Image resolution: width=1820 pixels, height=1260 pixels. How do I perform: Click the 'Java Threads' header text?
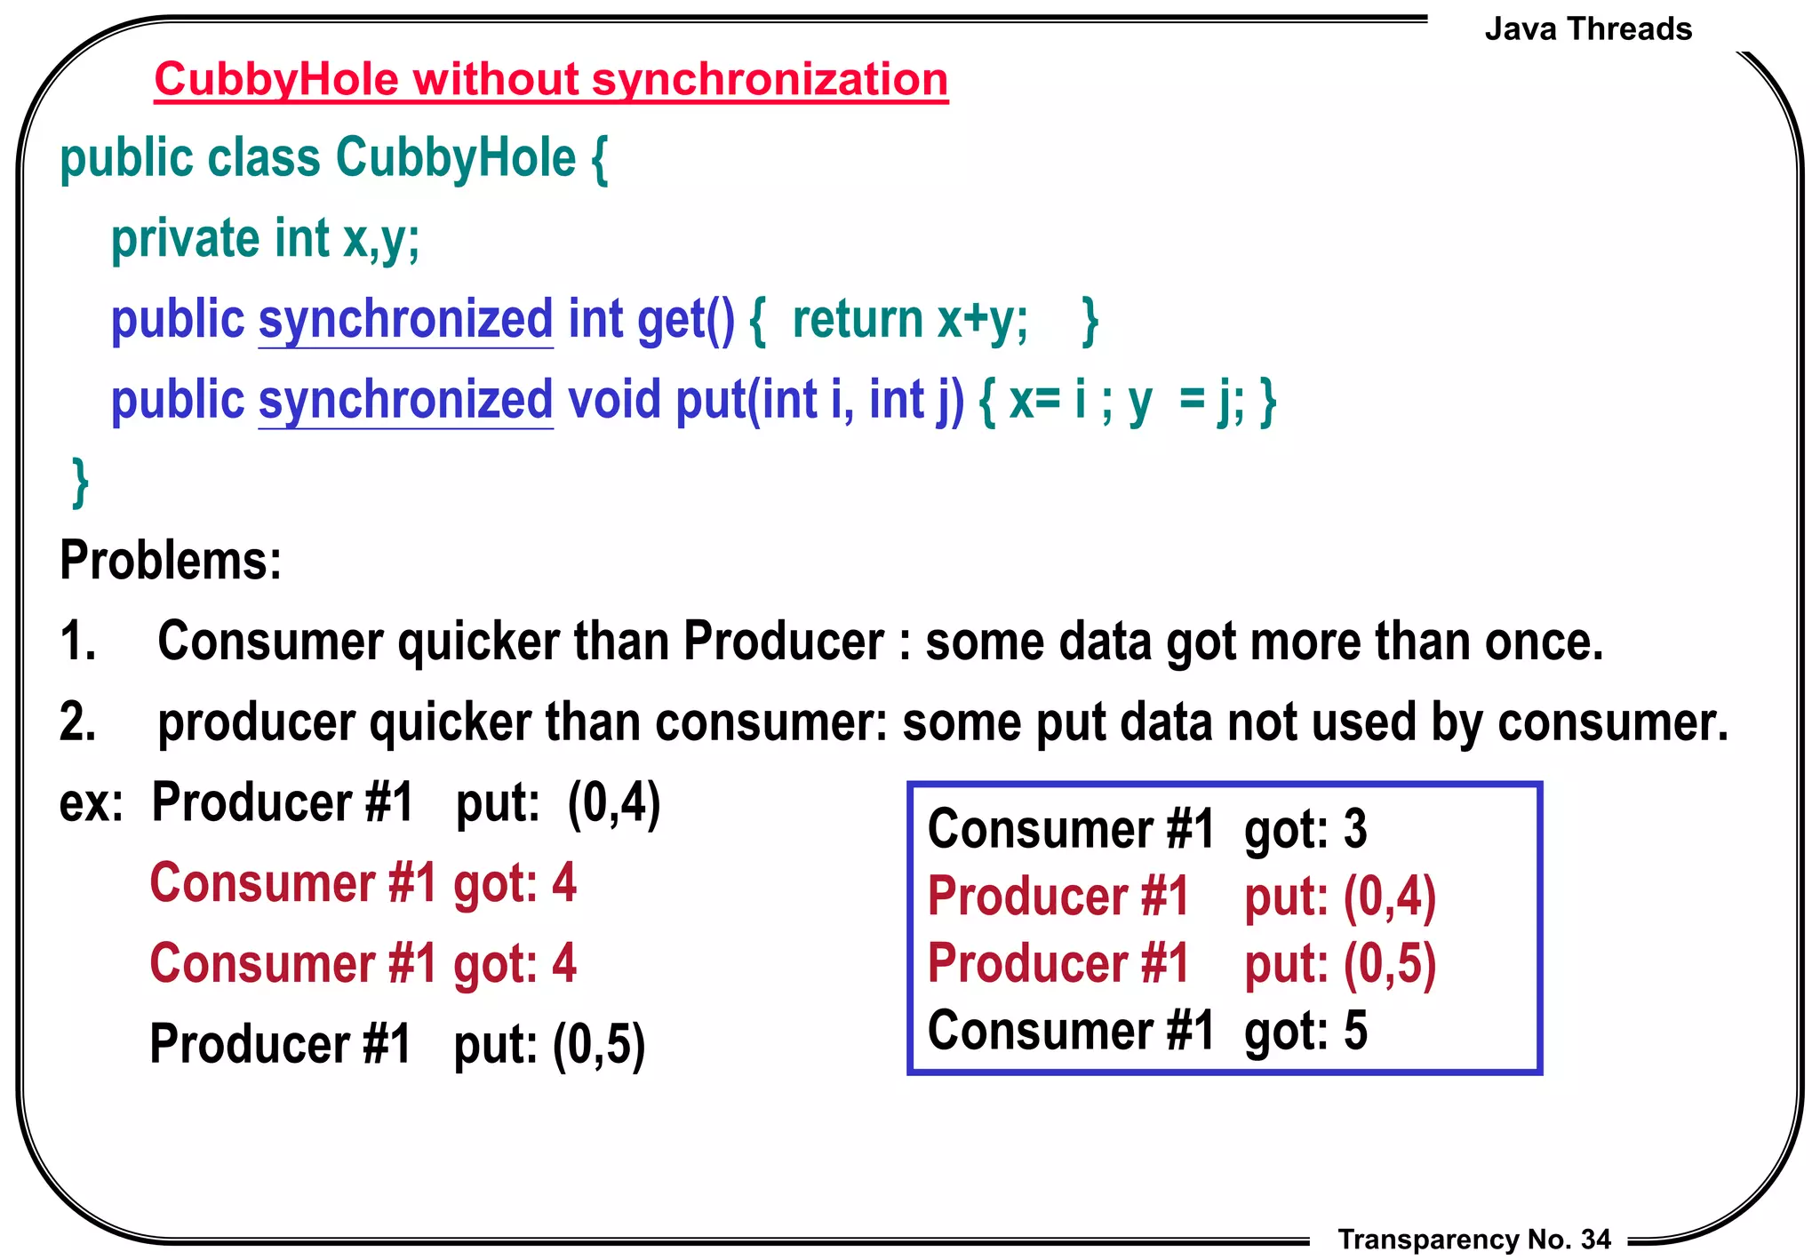point(1587,29)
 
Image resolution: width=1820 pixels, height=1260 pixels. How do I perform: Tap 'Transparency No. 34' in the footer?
point(1473,1239)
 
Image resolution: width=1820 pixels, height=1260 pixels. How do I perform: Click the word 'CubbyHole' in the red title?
point(276,80)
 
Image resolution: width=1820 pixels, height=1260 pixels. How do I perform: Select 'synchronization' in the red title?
point(770,80)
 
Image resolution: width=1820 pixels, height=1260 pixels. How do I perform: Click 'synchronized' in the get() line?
point(405,320)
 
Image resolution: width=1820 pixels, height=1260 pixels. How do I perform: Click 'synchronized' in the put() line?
point(405,400)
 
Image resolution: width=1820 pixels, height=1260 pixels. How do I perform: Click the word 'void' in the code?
point(614,400)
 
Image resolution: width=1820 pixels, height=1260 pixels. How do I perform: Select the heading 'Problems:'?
point(171,561)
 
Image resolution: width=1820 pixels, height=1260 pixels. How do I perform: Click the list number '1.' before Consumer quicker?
point(78,641)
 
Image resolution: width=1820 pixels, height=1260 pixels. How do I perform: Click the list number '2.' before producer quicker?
point(78,721)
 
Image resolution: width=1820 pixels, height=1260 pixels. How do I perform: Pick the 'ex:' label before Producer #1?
point(91,802)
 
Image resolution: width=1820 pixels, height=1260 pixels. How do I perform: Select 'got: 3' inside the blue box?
point(1305,830)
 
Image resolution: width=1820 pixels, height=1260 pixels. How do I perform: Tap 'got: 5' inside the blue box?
point(1305,1031)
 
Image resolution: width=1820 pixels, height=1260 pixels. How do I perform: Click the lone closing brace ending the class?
point(80,482)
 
